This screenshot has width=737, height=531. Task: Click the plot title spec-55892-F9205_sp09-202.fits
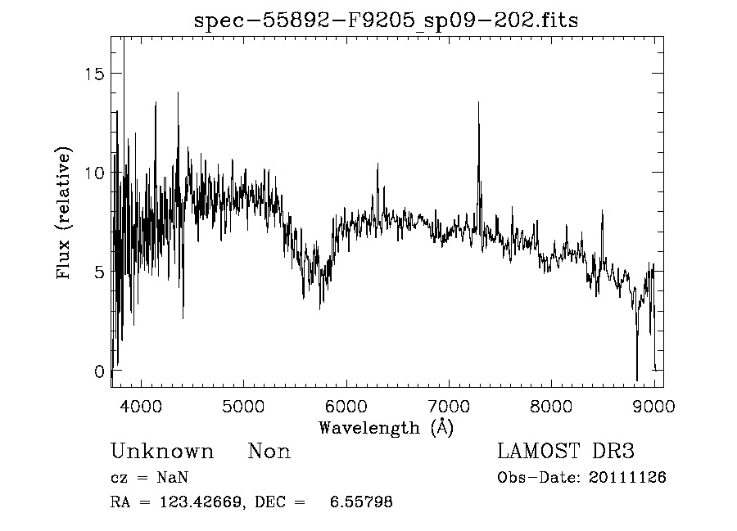point(386,20)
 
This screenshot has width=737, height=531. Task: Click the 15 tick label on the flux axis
point(96,74)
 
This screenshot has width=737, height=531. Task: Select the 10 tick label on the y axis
point(96,173)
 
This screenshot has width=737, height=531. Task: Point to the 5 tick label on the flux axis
point(100,272)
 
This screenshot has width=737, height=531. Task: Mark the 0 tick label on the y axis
point(100,371)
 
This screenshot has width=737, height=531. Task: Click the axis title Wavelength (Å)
point(386,427)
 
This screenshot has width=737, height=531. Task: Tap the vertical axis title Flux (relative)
point(64,213)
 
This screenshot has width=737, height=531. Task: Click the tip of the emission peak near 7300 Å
point(478,102)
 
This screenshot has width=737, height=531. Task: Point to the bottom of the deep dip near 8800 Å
point(636,380)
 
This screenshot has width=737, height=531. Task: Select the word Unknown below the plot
point(162,452)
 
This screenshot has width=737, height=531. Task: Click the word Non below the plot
point(269,452)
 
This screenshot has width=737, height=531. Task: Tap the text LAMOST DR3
point(566,452)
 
